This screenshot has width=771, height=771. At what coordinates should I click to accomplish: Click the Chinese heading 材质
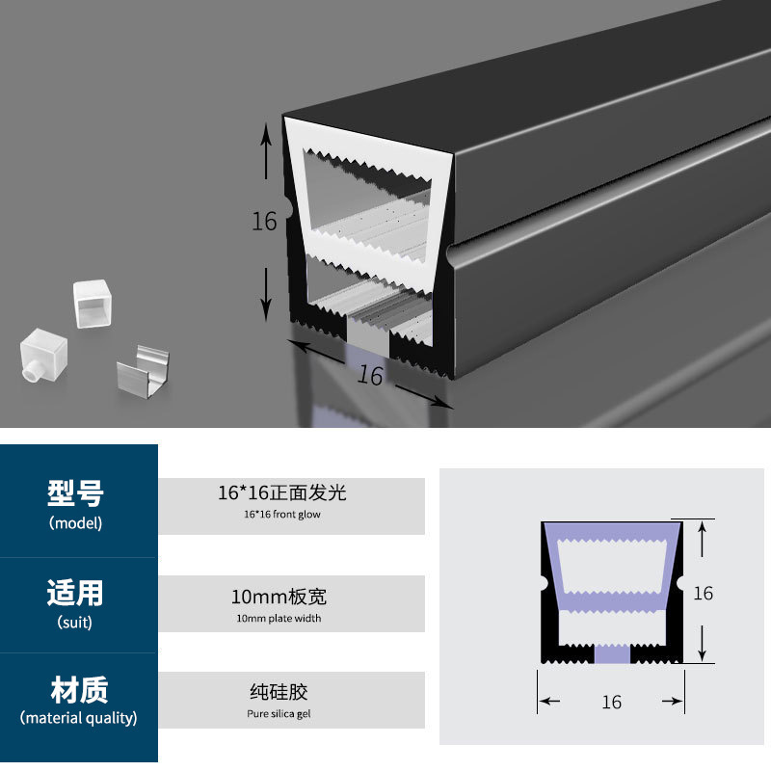tap(78, 690)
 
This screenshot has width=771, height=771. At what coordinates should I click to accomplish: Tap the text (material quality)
tap(78, 718)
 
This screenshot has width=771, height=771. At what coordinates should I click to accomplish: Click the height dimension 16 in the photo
tap(264, 221)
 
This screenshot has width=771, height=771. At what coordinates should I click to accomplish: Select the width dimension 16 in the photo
tap(370, 376)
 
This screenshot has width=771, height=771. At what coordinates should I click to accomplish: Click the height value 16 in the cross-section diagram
tap(704, 593)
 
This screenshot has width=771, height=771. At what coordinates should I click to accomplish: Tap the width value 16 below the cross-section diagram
tap(611, 703)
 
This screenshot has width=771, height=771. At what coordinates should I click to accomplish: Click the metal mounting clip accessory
tap(142, 373)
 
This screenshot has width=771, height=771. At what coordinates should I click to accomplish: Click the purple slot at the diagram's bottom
tap(612, 654)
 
